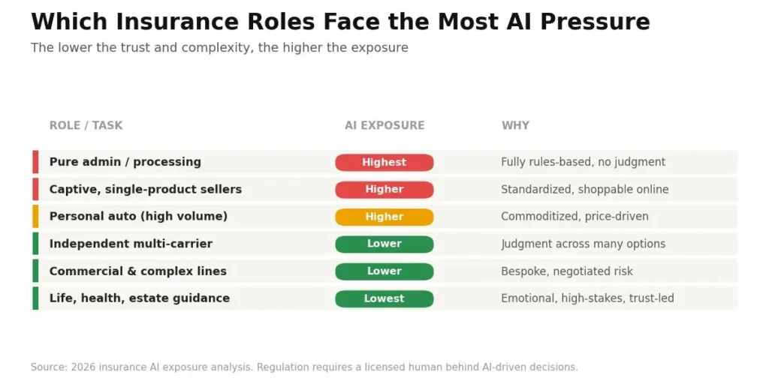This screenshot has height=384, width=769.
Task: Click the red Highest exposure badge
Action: tap(384, 162)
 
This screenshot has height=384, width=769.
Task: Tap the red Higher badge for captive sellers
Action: tap(384, 190)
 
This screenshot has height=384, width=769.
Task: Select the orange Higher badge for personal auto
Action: tap(384, 217)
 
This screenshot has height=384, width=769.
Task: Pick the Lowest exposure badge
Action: tap(384, 298)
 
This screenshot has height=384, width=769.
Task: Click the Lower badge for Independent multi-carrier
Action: tap(384, 244)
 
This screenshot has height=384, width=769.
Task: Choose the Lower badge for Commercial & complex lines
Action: tap(384, 271)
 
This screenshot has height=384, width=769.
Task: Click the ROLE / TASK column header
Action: tap(86, 125)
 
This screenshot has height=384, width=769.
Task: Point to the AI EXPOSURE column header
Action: tap(384, 125)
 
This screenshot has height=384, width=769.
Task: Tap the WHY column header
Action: tap(515, 125)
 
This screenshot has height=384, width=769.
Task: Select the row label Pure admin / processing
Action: tap(125, 162)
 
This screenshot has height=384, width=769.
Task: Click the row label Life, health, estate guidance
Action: tap(139, 298)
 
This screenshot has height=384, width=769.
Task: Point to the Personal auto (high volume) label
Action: tap(138, 217)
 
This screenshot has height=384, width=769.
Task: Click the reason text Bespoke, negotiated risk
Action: tap(567, 271)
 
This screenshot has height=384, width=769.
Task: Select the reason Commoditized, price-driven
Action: tap(574, 217)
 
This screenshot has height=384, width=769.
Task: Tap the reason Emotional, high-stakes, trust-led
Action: tap(587, 298)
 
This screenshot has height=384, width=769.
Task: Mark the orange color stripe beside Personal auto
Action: tap(35, 217)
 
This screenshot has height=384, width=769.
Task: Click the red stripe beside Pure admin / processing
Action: tap(35, 162)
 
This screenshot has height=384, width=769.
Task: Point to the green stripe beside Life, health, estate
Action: tap(35, 298)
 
